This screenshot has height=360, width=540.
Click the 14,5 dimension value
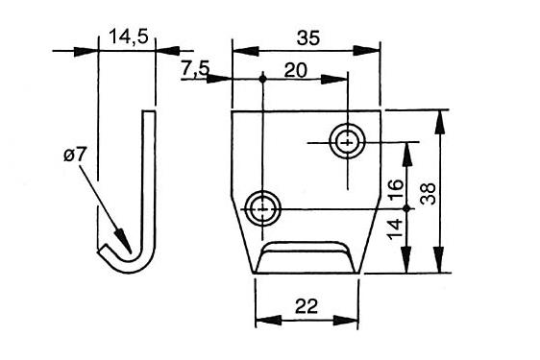pyautogui.click(x=129, y=36)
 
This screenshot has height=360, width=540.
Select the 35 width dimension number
pyautogui.click(x=308, y=37)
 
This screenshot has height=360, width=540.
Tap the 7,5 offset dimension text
pyautogui.click(x=195, y=68)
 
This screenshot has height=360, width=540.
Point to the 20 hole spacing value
pyautogui.click(x=295, y=70)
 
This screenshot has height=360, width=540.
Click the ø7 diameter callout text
pyautogui.click(x=74, y=156)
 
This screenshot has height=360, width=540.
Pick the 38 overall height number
pyautogui.click(x=429, y=194)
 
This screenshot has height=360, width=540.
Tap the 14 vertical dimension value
pyautogui.click(x=395, y=228)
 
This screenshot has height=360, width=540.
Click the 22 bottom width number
pyautogui.click(x=307, y=306)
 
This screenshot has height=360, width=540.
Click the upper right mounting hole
pyautogui.click(x=348, y=141)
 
